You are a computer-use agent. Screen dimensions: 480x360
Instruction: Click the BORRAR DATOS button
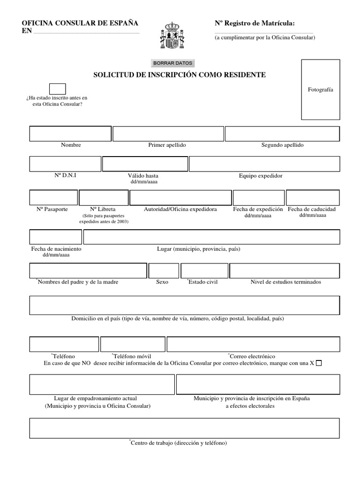coord(172,63)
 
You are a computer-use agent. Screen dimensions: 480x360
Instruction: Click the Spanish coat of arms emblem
coord(172,36)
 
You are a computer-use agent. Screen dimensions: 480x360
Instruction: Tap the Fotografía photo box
coord(320,90)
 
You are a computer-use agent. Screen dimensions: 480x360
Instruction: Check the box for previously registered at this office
coord(57,89)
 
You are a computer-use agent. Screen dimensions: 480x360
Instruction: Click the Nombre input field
coord(70,134)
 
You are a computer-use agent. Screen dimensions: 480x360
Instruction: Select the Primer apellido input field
coord(168,134)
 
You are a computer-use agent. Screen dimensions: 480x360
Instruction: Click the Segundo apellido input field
coord(282,134)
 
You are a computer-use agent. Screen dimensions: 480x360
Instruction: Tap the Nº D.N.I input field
coord(65,164)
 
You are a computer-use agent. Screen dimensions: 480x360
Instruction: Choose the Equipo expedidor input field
coord(264,164)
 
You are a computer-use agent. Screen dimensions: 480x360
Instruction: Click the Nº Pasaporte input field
coord(53,198)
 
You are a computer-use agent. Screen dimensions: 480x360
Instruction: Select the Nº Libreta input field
coord(104,198)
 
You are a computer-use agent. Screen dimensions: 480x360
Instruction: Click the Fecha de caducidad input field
coord(313,198)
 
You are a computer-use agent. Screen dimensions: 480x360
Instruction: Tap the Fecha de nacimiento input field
coord(56,237)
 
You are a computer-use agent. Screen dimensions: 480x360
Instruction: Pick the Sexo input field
coord(164,271)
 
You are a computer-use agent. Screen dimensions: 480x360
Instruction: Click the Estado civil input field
coord(204,271)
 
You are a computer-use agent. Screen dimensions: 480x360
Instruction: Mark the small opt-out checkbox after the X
coord(319,363)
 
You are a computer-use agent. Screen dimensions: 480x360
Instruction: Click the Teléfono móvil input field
coord(132,344)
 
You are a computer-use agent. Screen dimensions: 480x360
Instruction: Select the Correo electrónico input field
coord(253,344)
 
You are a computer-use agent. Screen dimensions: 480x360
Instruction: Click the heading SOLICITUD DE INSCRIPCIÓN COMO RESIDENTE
coord(180,75)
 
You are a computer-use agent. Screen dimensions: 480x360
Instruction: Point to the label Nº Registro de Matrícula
coord(255,23)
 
